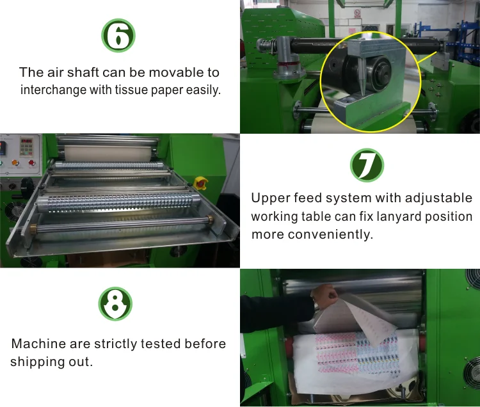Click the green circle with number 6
(118, 35)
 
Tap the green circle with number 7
(367, 165)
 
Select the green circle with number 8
(115, 303)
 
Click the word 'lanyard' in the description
(399, 217)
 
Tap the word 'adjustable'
(438, 198)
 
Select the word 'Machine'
(38, 344)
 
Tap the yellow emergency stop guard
(201, 182)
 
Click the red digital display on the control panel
(26, 141)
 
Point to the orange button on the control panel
(15, 163)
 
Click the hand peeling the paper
(324, 295)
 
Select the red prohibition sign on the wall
(358, 13)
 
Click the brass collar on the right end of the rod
(210, 219)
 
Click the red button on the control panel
(31, 163)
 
